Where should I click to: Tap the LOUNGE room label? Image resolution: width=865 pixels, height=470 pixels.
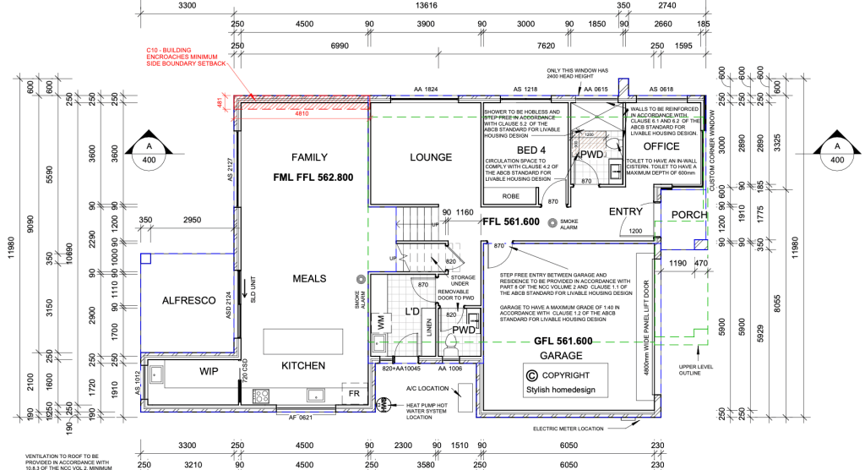pos(431,157)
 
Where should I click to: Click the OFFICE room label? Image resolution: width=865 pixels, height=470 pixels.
pos(661,147)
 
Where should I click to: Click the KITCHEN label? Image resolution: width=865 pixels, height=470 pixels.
pos(303,365)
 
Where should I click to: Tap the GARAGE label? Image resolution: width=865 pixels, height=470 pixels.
pos(562,355)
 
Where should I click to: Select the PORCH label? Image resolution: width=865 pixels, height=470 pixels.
pos(689,215)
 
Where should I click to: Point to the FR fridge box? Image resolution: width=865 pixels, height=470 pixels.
pos(353,394)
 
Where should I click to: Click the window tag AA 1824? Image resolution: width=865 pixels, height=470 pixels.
pos(426,90)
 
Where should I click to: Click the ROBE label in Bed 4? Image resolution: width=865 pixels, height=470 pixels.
pos(511,196)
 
